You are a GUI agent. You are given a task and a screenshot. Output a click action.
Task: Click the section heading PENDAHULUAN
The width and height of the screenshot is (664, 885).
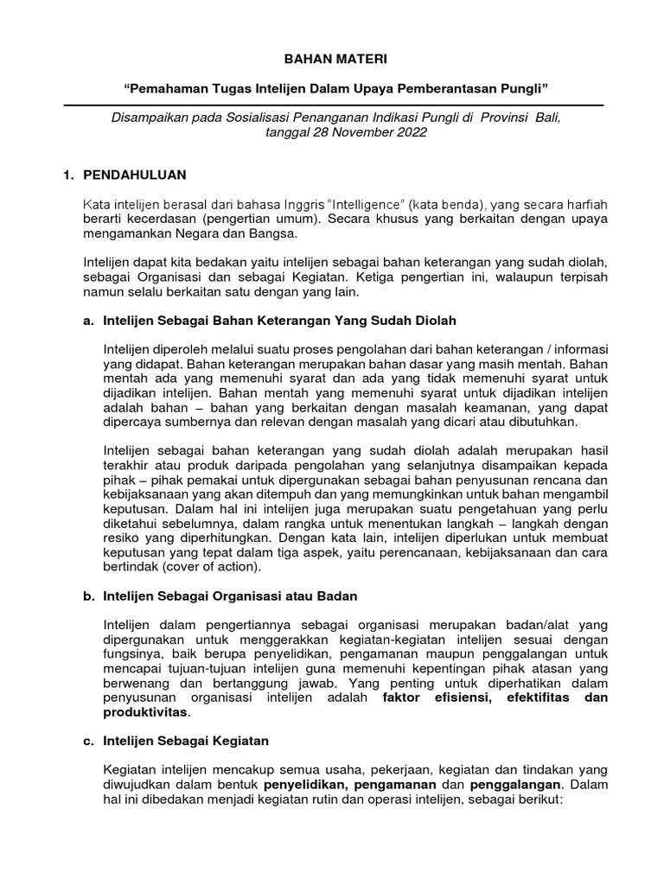[134, 175]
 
